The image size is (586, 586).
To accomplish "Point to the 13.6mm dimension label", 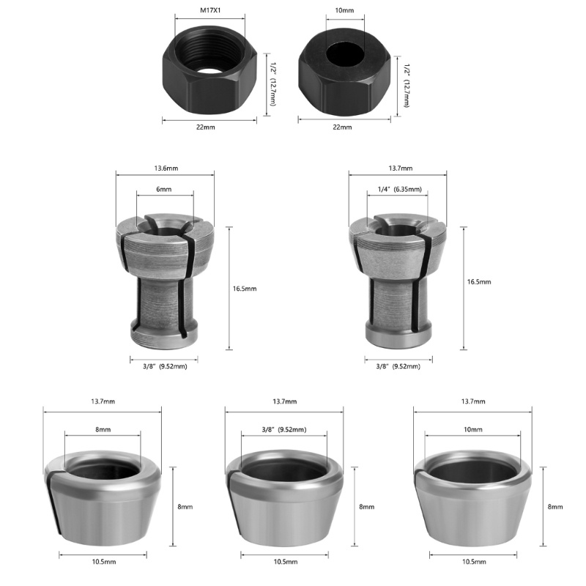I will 166,168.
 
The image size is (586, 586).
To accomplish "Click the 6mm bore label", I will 165,189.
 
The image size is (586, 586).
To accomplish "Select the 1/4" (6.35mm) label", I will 398,189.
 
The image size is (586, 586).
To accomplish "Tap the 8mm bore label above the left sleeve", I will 103,429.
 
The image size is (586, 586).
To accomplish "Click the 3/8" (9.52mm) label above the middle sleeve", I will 284,429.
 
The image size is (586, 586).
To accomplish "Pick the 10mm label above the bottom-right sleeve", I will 473,429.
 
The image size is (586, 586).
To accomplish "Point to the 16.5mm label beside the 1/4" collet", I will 479,281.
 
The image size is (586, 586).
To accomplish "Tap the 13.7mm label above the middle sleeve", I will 284,402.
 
